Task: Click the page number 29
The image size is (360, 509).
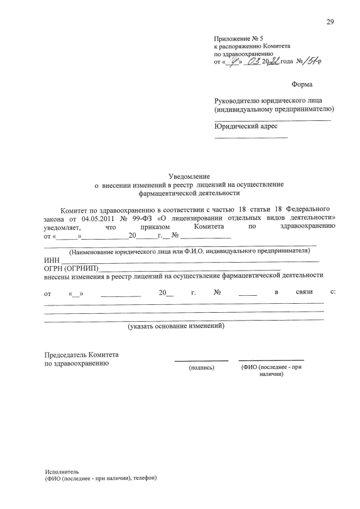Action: (330, 22)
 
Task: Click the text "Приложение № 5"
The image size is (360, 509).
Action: (239, 39)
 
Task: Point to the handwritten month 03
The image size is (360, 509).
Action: (251, 62)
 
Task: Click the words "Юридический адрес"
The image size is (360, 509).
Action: (246, 126)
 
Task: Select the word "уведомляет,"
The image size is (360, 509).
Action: (62, 227)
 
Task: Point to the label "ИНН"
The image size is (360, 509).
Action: (52, 260)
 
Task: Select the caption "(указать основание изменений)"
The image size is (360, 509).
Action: (175, 326)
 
